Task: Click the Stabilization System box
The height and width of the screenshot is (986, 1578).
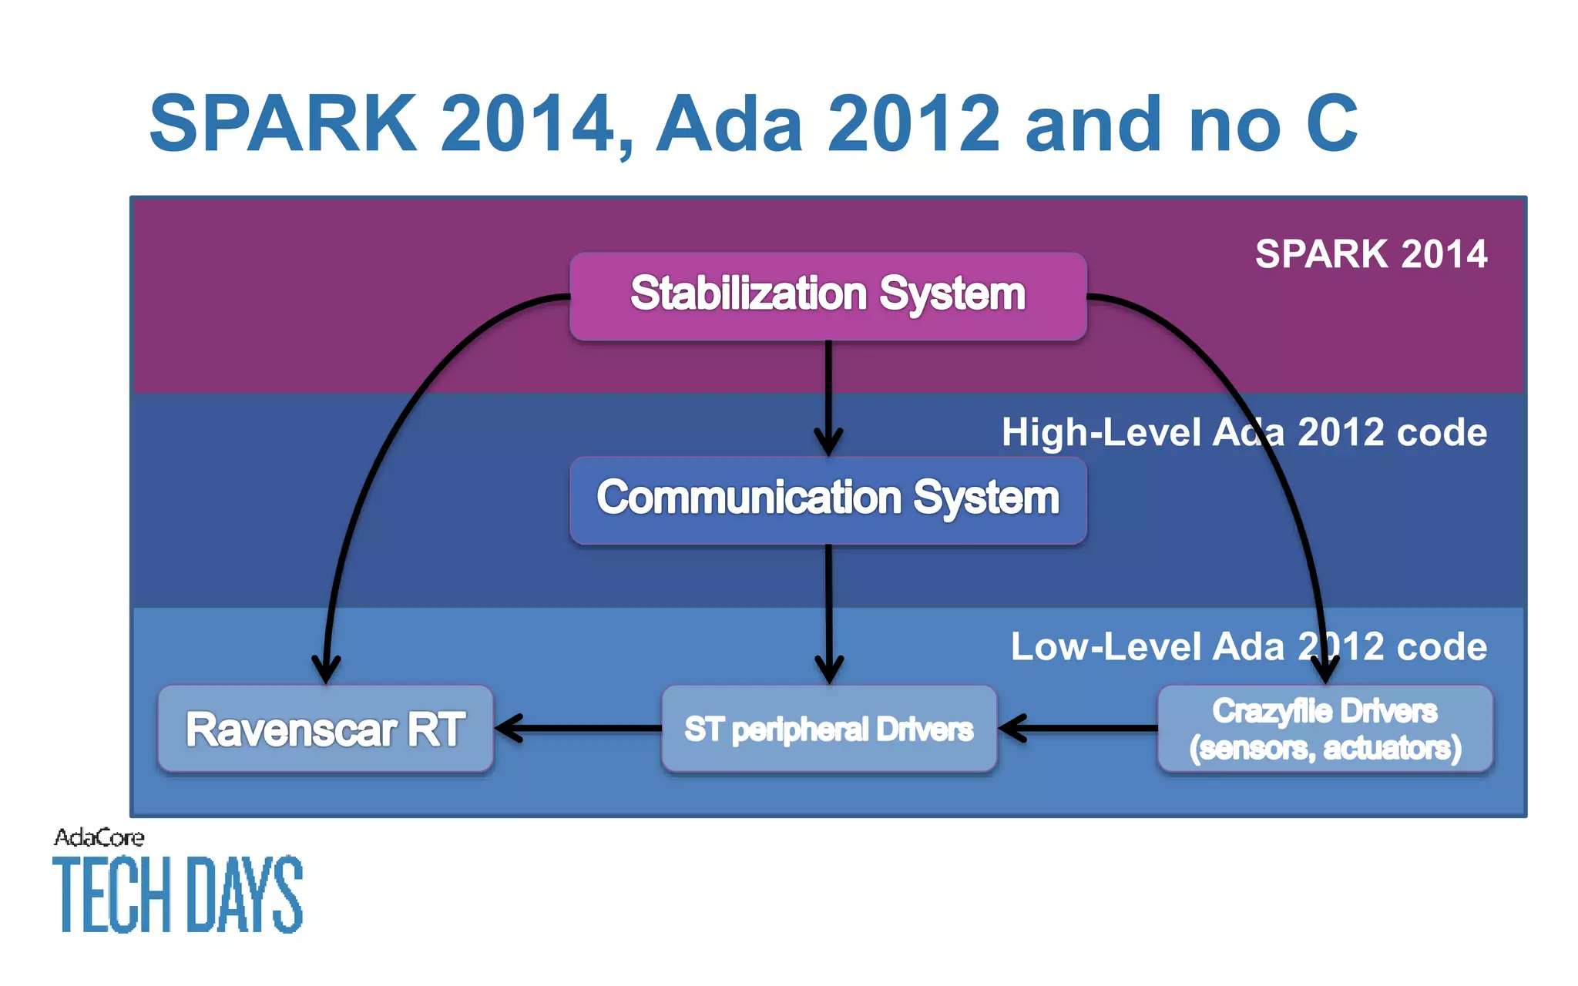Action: (x=828, y=296)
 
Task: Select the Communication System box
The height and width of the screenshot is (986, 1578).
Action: (x=828, y=499)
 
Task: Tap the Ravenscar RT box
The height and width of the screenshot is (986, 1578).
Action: (x=324, y=729)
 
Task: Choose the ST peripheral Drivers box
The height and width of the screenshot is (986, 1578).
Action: (x=828, y=729)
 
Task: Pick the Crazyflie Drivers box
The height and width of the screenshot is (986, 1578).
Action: (x=1325, y=729)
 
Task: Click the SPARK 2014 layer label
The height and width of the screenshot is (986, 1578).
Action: (x=1371, y=254)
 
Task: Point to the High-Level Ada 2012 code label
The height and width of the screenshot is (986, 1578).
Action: (x=1244, y=432)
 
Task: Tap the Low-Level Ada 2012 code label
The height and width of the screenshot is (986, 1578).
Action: (x=1248, y=646)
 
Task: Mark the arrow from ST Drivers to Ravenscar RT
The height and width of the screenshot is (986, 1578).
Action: (x=578, y=728)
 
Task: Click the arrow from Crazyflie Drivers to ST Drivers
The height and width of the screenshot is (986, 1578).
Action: (x=1079, y=728)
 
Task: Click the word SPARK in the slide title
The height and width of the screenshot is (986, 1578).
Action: (x=283, y=123)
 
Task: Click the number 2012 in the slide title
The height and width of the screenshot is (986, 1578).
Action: (x=913, y=123)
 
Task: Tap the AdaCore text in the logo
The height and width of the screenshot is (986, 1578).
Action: (x=99, y=837)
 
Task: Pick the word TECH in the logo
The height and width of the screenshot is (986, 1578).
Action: (x=112, y=895)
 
